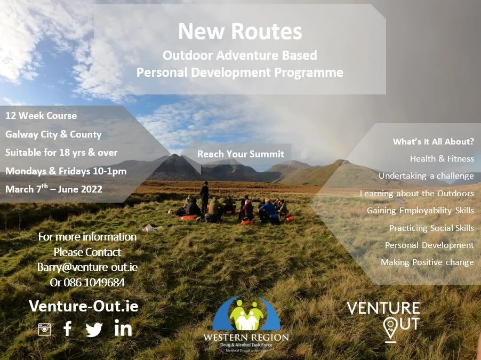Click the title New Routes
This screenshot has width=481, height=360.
(x=240, y=31)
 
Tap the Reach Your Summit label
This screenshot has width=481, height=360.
(x=240, y=154)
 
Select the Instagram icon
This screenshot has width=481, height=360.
(x=44, y=329)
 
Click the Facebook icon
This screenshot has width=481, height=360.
(x=68, y=329)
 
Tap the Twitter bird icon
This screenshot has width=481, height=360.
(x=94, y=330)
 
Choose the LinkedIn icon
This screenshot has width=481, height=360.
(x=123, y=329)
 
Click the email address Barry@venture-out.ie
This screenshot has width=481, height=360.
(x=87, y=267)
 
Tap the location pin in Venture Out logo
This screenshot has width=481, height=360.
(x=390, y=329)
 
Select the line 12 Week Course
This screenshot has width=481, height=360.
(x=41, y=116)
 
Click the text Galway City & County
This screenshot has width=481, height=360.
(x=53, y=134)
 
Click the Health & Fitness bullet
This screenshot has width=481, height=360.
(x=442, y=158)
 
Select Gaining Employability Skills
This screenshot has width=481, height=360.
(x=420, y=211)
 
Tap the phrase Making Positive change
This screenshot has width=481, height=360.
(x=427, y=262)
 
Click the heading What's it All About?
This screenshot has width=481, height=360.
(x=433, y=141)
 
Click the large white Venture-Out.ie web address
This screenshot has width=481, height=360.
(x=84, y=306)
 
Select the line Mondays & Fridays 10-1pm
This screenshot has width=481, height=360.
(x=66, y=171)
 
